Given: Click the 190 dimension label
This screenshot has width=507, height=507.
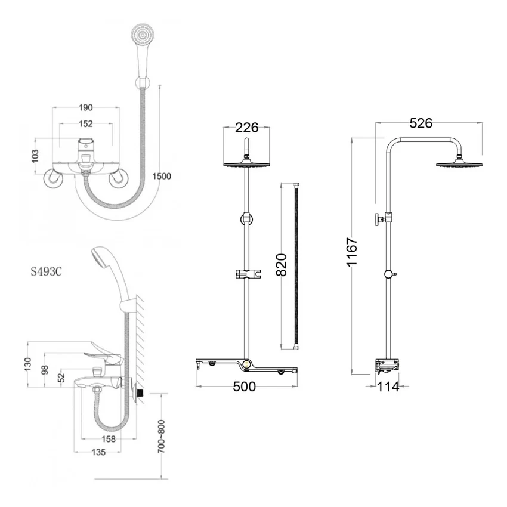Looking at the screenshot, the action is pyautogui.click(x=86, y=107).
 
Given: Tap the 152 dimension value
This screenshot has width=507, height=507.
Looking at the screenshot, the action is pyautogui.click(x=86, y=124).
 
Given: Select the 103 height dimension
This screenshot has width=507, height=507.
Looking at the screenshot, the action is pyautogui.click(x=35, y=156).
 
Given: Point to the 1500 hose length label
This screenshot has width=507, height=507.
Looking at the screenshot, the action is pyautogui.click(x=162, y=176).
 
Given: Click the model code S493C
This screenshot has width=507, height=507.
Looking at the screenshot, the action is pyautogui.click(x=47, y=271).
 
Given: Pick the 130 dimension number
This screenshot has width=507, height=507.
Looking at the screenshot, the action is pyautogui.click(x=28, y=364).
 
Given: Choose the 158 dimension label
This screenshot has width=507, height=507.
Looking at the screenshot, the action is pyautogui.click(x=109, y=439).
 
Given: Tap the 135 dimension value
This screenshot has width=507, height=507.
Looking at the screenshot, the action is pyautogui.click(x=98, y=452).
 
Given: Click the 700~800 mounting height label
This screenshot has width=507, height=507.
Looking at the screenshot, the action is pyautogui.click(x=162, y=437).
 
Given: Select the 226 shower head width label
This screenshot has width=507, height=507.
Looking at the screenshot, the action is pyautogui.click(x=247, y=128).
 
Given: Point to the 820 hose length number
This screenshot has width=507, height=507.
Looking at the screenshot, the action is pyautogui.click(x=282, y=265).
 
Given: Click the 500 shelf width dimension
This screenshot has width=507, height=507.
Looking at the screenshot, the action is pyautogui.click(x=244, y=387).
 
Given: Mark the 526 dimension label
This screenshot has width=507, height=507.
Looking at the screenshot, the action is pyautogui.click(x=421, y=123).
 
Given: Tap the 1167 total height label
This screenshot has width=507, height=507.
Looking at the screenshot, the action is pyautogui.click(x=352, y=252).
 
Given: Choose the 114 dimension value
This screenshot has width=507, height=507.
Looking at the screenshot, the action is pyautogui.click(x=388, y=387).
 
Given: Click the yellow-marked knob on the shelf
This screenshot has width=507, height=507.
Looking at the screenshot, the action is pyautogui.click(x=247, y=364).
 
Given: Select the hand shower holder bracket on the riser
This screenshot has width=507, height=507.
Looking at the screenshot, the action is pyautogui.click(x=248, y=274).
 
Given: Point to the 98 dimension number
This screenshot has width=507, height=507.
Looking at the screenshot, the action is pyautogui.click(x=45, y=370).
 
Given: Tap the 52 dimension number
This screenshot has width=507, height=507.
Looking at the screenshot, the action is pyautogui.click(x=61, y=378).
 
